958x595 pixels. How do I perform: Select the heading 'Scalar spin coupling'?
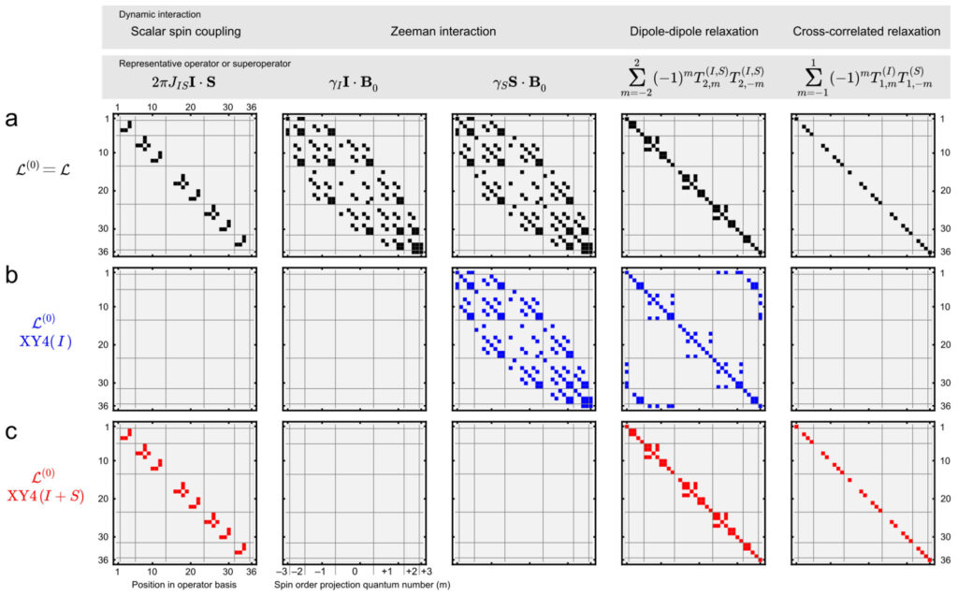[x=186, y=32]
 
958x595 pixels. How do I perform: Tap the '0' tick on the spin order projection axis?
[x=355, y=571]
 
